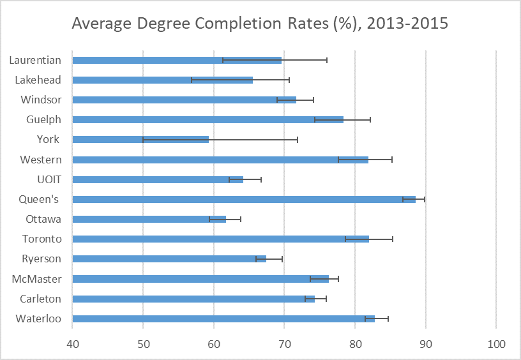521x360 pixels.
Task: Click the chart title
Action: pyautogui.click(x=260, y=24)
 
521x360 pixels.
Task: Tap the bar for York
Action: pyautogui.click(x=140, y=139)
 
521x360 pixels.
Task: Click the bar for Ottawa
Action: pyautogui.click(x=149, y=219)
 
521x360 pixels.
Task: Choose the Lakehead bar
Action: pyautogui.click(x=163, y=80)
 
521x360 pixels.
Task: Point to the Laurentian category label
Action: pyautogui.click(x=35, y=60)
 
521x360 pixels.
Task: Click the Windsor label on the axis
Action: pyautogui.click(x=41, y=100)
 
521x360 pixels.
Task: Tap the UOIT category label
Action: pyautogui.click(x=49, y=179)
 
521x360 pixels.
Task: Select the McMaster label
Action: pyautogui.click(x=36, y=279)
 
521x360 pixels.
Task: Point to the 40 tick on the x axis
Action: pyautogui.click(x=73, y=344)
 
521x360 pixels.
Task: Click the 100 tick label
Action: pyautogui.click(x=496, y=344)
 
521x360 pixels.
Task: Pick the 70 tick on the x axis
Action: pyautogui.click(x=284, y=344)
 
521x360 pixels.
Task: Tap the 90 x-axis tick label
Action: pyautogui.click(x=425, y=344)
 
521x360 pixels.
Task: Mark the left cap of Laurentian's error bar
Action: pyautogui.click(x=223, y=60)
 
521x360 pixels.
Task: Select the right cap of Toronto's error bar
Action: pyautogui.click(x=393, y=239)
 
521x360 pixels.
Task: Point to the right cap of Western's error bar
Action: pyautogui.click(x=392, y=160)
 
